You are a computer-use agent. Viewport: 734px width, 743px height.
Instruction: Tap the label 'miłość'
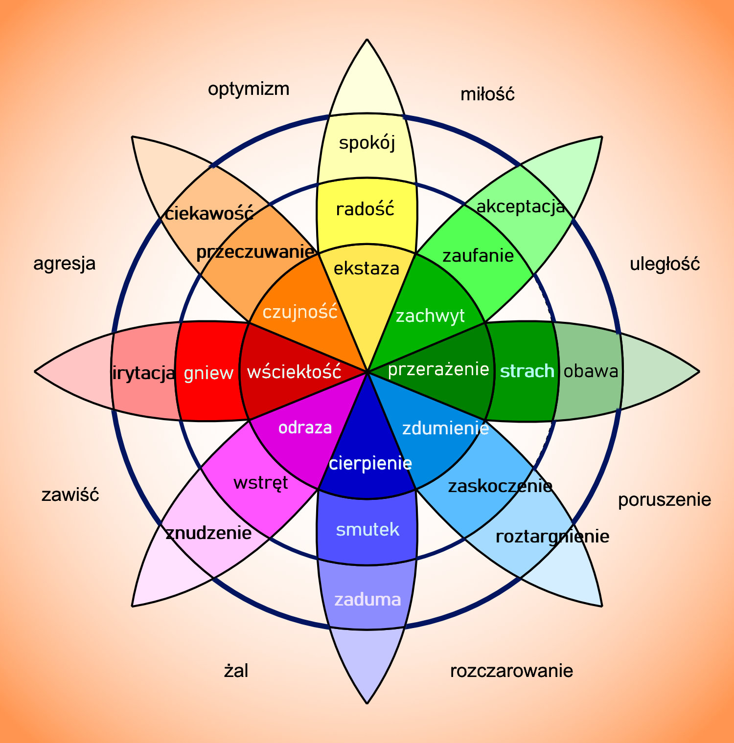(487, 94)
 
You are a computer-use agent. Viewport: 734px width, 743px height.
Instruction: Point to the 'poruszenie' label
(665, 500)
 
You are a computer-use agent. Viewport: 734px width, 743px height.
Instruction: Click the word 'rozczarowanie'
(511, 671)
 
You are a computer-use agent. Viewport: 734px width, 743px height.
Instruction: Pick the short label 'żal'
(236, 670)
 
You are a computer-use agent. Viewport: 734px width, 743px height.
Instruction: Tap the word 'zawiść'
(70, 495)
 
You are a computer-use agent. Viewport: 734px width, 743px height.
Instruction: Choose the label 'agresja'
(64, 264)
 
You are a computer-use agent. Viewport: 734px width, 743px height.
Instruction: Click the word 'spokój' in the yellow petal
(367, 143)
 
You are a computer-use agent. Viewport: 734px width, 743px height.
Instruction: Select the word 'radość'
(365, 209)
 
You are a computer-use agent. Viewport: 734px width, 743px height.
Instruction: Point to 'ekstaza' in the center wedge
(367, 269)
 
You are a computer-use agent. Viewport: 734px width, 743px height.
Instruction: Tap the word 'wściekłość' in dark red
(294, 372)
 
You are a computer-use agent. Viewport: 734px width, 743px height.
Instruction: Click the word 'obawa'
(591, 371)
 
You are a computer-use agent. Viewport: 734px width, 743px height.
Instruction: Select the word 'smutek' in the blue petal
(367, 530)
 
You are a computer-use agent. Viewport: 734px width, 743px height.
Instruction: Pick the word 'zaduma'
(367, 600)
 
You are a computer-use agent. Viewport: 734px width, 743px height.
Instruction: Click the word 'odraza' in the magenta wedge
(305, 428)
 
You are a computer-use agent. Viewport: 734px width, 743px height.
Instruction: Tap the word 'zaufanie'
(478, 256)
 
